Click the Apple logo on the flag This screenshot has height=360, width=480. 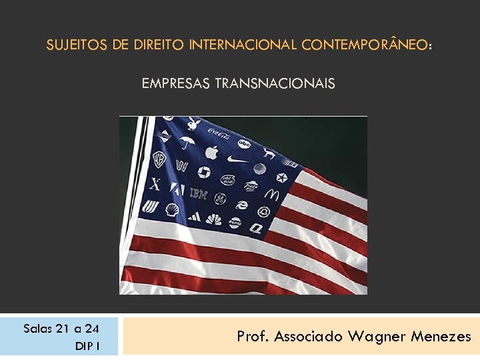pyautogui.click(x=211, y=152)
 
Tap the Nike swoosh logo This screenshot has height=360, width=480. pyautogui.click(x=237, y=159)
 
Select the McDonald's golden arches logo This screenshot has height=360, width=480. pyautogui.click(x=271, y=194)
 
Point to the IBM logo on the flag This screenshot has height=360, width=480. pyautogui.click(x=199, y=194)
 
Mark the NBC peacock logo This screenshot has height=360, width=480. pyautogui.click(x=213, y=219)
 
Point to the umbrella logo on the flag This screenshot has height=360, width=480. pyautogui.click(x=187, y=142)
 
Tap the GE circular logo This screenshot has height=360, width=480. pyautogui.click(x=220, y=198)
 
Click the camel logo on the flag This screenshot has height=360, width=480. pyautogui.click(x=269, y=153)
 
